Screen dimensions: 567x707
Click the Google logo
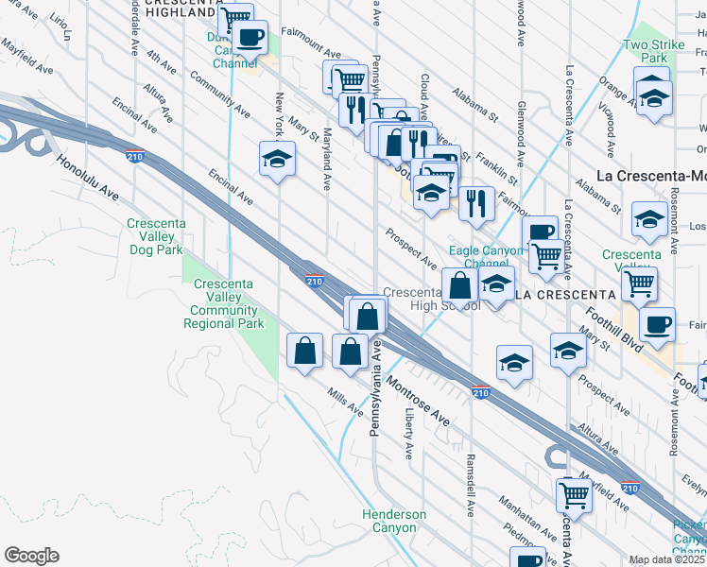(x=31, y=556)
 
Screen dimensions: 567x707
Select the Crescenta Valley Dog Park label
(x=155, y=237)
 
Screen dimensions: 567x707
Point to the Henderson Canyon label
(x=394, y=521)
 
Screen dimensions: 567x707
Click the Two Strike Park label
(x=647, y=51)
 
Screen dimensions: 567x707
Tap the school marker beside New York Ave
(x=277, y=159)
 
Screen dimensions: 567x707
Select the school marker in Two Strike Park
(x=652, y=97)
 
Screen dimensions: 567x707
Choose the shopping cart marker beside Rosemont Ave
(x=640, y=282)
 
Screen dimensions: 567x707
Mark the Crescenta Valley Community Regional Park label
(x=225, y=303)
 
